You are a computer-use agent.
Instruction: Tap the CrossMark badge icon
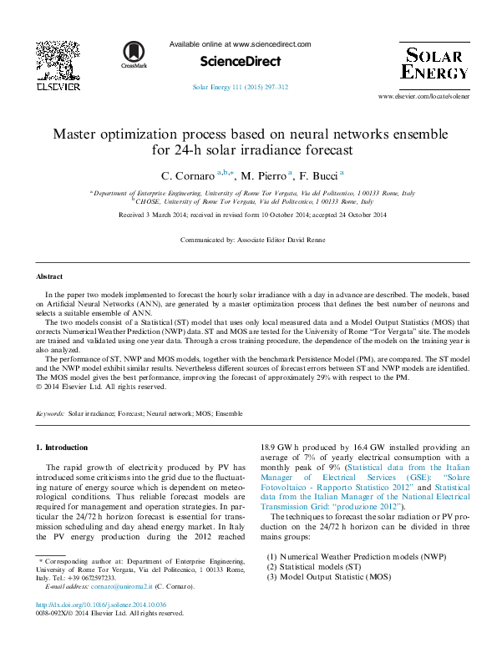click(133, 53)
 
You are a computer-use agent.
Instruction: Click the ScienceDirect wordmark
click(240, 61)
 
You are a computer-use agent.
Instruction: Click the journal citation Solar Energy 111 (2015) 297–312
click(240, 87)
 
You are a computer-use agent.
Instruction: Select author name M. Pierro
click(261, 176)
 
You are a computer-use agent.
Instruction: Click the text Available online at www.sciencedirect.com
click(240, 44)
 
